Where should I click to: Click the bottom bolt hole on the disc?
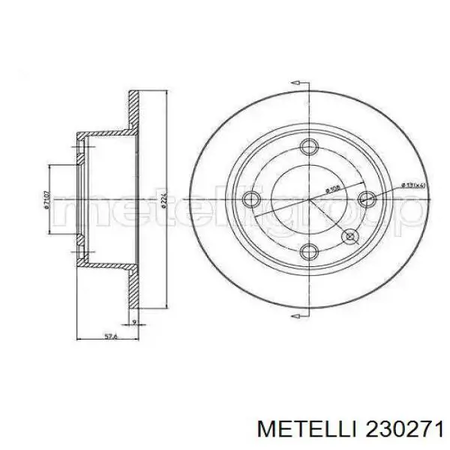coord(309,251)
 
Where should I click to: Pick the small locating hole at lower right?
coord(349,236)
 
